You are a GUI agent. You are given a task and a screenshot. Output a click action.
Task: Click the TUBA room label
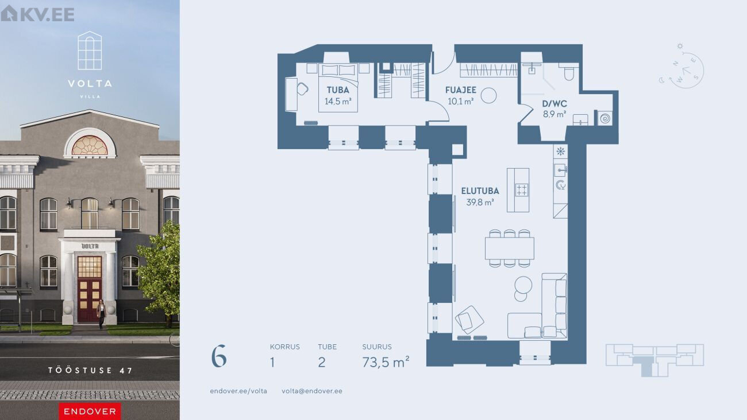[338, 90]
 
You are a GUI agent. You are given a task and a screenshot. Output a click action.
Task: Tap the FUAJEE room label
[460, 90]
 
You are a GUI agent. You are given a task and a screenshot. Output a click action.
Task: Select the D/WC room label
[555, 104]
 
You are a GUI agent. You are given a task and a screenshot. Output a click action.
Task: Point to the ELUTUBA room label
[480, 191]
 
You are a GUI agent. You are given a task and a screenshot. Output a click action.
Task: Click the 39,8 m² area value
[480, 202]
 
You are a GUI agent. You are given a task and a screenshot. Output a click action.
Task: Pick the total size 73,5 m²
[386, 362]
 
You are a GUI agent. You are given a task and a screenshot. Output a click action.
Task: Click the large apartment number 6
[219, 356]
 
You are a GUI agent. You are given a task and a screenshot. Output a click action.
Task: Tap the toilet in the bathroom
[569, 73]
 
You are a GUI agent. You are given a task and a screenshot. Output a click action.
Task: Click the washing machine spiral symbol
[604, 118]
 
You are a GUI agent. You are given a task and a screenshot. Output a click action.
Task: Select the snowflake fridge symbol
[560, 151]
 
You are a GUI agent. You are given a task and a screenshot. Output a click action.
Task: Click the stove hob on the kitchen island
[521, 190]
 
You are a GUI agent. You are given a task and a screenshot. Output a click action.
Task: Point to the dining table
[510, 248]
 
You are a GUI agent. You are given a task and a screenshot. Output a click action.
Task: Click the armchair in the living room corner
[469, 320]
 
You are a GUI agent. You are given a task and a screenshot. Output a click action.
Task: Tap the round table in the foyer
[488, 95]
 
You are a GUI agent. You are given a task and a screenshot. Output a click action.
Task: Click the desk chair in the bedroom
[302, 89]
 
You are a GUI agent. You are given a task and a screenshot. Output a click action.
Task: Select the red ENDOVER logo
[90, 411]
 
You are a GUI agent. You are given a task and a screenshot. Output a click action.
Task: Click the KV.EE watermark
[37, 14]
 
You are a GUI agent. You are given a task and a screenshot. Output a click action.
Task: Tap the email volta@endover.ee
[312, 391]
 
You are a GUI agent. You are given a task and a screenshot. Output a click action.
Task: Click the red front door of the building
[90, 289]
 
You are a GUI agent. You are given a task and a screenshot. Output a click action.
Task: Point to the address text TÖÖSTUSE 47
[90, 371]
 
